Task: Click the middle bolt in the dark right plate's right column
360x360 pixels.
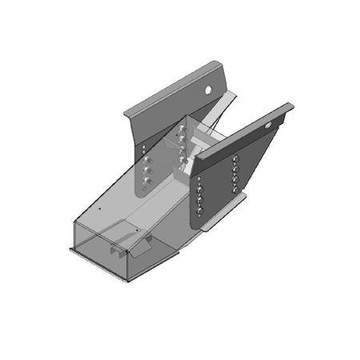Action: (234, 177)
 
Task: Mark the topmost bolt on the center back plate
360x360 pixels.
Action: (183, 128)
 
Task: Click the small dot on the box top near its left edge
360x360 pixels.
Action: (98, 206)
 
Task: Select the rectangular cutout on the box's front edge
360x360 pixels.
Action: (118, 250)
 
